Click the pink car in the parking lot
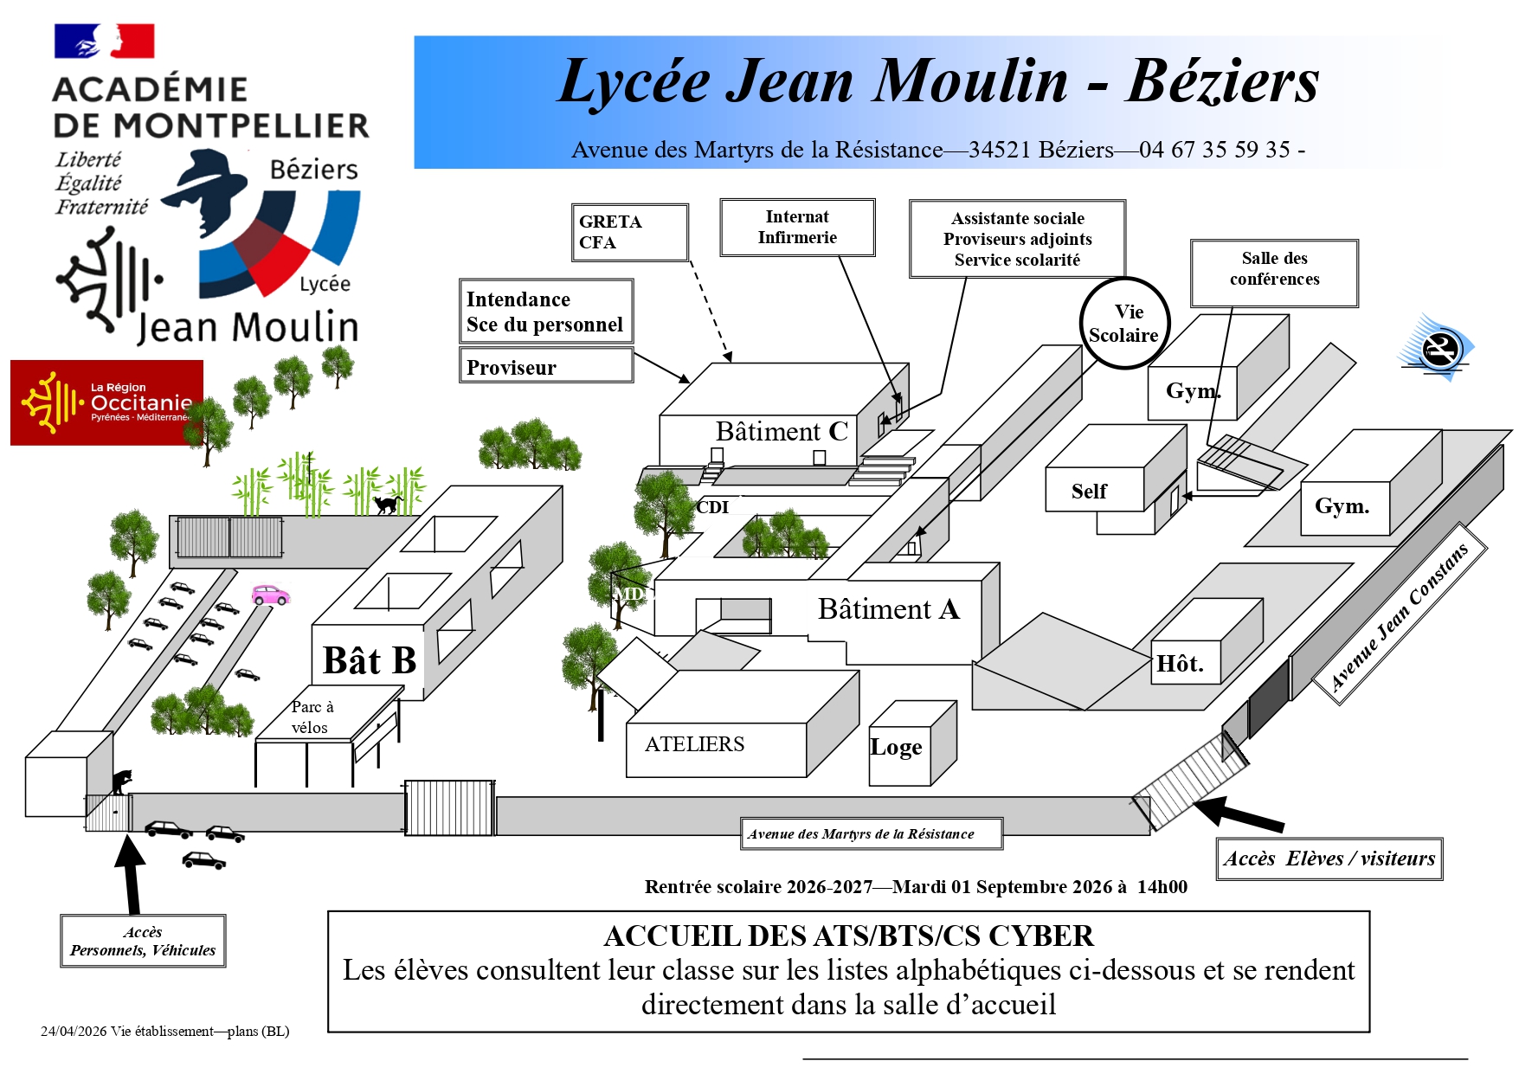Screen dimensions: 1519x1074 [270, 595]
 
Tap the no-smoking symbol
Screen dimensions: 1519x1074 [1438, 349]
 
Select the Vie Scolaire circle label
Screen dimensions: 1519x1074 [1125, 324]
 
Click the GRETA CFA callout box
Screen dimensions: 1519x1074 [630, 232]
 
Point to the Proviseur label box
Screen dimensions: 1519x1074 [546, 365]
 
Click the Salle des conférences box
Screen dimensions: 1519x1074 [1274, 273]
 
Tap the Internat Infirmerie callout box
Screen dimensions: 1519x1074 [797, 228]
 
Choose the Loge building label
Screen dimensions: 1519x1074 [896, 747]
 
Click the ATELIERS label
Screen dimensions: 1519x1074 [694, 744]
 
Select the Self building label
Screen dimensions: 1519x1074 [1089, 492]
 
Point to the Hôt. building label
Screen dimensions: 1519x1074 [1180, 664]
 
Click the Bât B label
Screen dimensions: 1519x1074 [370, 660]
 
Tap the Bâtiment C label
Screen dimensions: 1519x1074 [782, 431]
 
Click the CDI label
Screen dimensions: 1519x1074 [712, 507]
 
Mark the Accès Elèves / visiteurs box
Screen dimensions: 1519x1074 [1329, 859]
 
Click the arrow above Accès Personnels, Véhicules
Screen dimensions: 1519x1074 [131, 874]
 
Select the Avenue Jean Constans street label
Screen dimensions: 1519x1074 [1399, 616]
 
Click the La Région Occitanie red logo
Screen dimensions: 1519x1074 [106, 402]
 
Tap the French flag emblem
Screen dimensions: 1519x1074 [104, 41]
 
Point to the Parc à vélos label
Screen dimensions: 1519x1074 [312, 717]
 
